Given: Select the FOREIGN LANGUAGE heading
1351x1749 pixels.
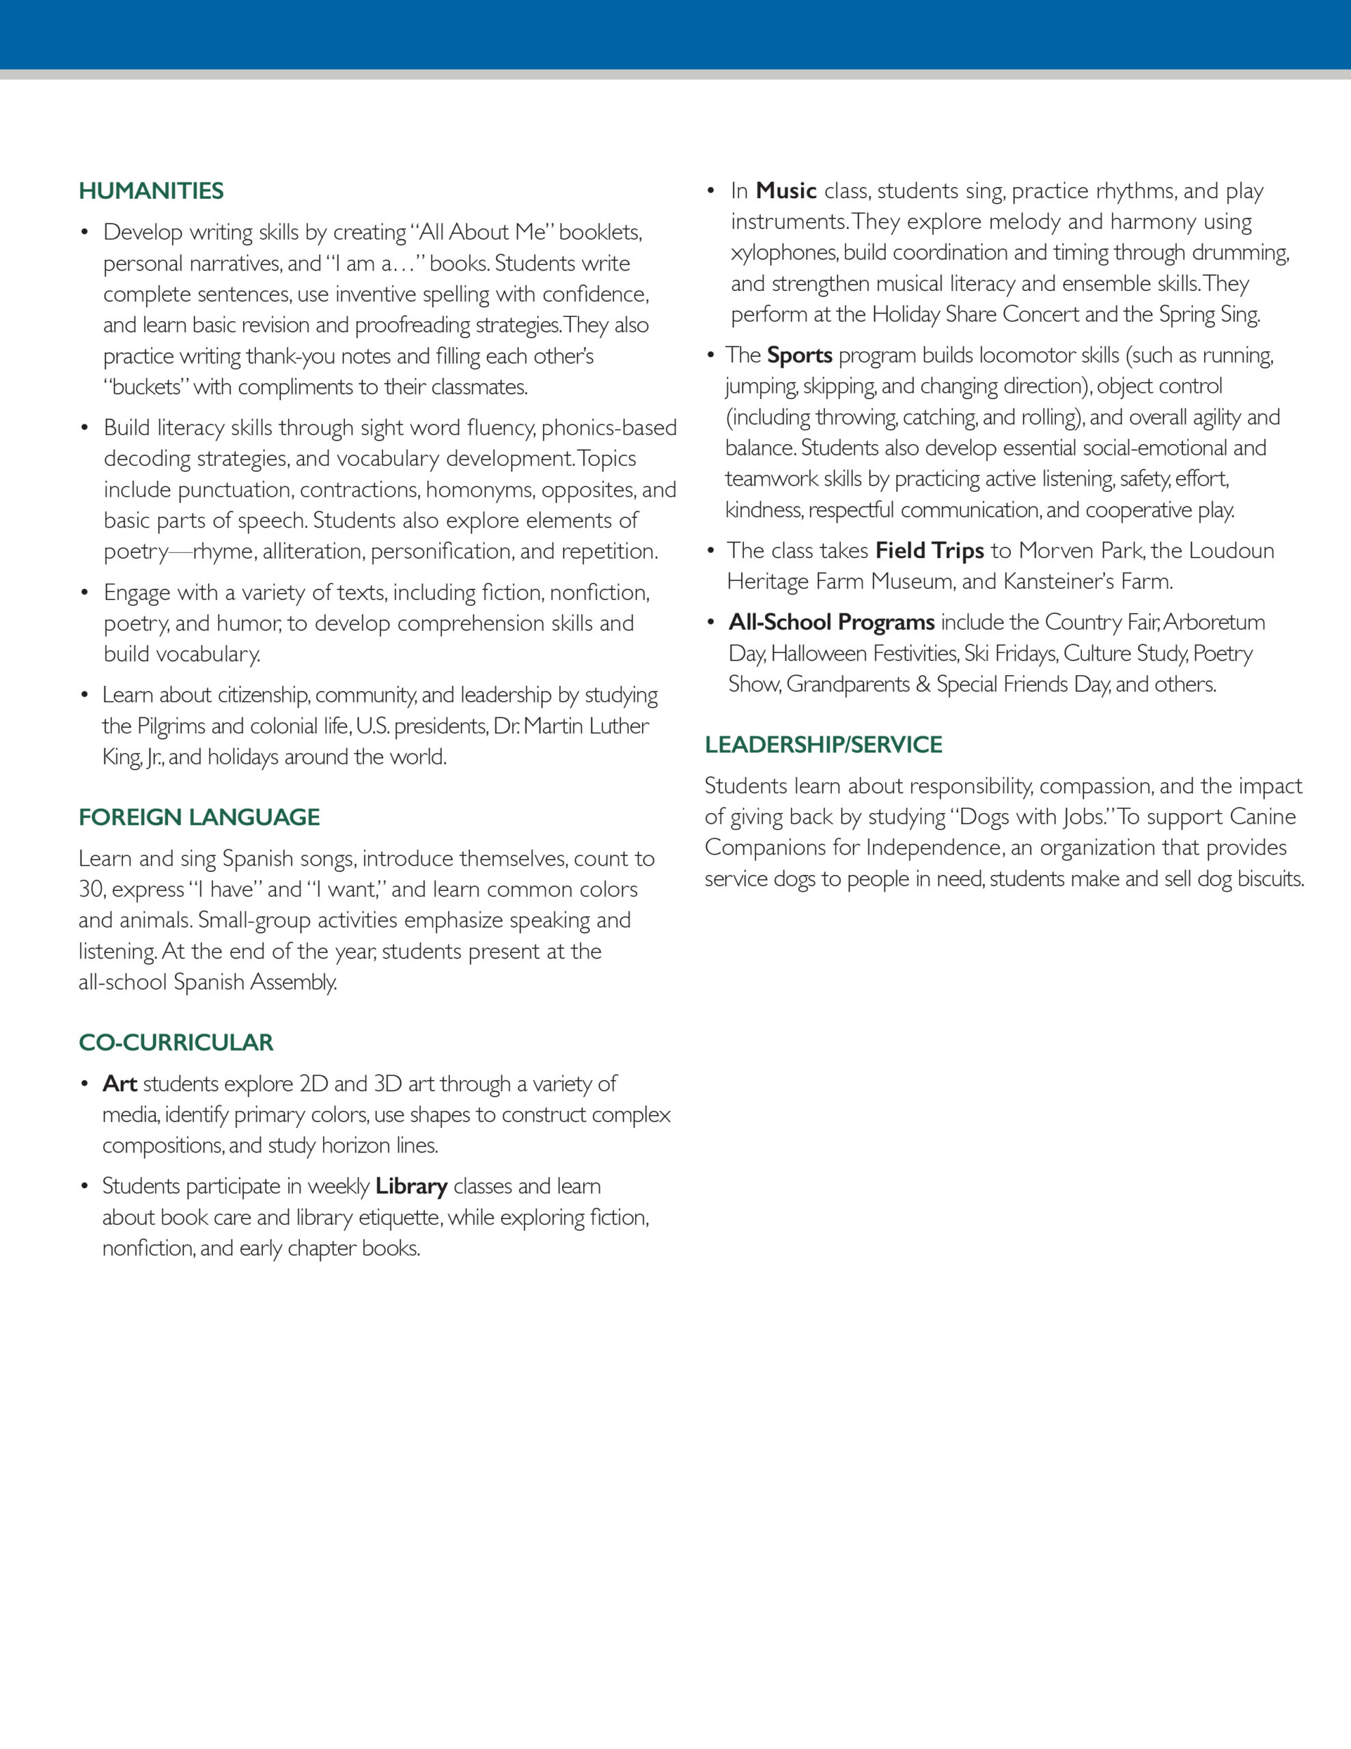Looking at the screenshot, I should [199, 818].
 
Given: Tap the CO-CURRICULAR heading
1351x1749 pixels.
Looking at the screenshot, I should [176, 1043].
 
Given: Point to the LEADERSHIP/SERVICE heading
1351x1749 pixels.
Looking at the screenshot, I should [823, 745].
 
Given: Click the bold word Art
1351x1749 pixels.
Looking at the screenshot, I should [120, 1084].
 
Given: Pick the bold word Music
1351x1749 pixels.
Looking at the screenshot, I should [785, 191].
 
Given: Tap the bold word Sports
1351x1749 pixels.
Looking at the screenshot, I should [799, 355].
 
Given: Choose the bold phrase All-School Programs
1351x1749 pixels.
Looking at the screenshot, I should [831, 622].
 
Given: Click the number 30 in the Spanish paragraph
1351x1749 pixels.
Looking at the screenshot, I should [92, 890].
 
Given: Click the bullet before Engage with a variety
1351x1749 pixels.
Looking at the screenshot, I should [85, 594].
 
